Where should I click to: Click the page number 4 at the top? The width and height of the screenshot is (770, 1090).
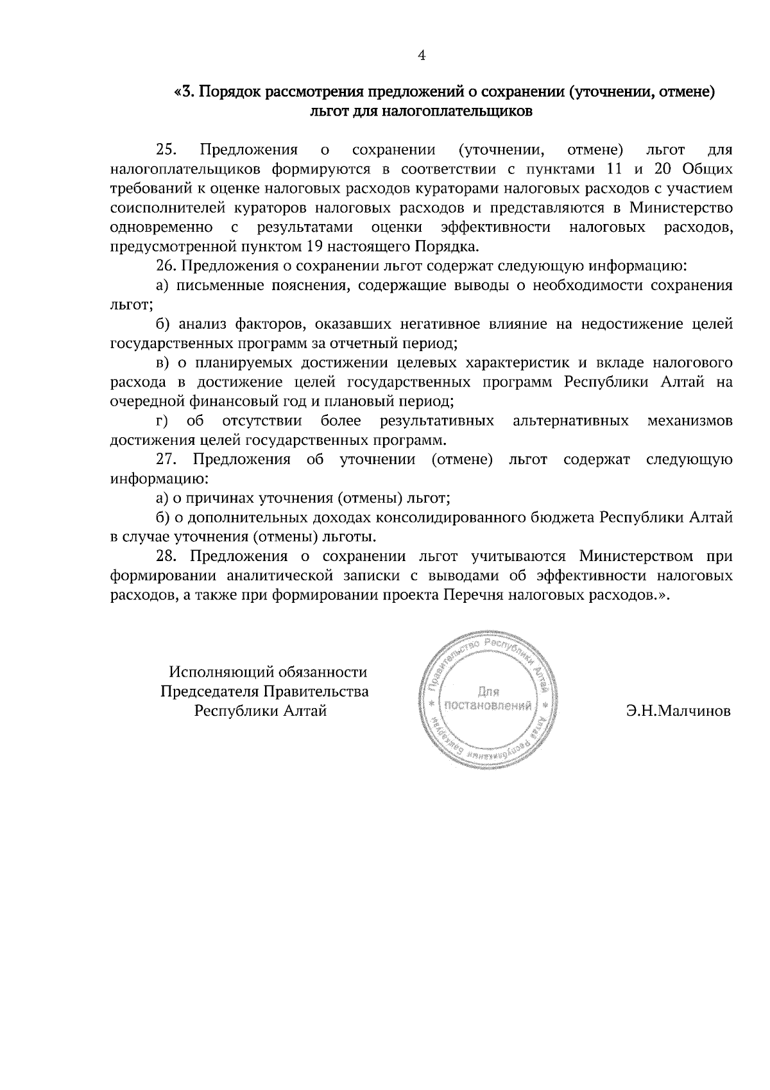tap(422, 56)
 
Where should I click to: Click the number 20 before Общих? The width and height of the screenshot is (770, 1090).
tap(663, 169)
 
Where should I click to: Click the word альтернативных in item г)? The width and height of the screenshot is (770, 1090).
tap(570, 421)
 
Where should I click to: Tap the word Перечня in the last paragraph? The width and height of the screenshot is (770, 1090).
tap(473, 594)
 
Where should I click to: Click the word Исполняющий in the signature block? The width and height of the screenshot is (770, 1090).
tap(222, 672)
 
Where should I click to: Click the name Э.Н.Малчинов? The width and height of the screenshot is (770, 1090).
tap(679, 711)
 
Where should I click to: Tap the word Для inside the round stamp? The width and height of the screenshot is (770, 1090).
tap(488, 691)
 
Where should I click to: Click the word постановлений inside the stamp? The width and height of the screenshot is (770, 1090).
tap(488, 707)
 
